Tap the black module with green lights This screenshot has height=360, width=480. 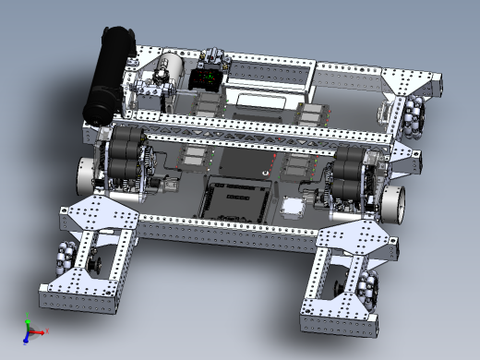pyautogui.click(x=208, y=78)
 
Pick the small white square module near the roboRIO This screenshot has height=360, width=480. pyautogui.click(x=293, y=207)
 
